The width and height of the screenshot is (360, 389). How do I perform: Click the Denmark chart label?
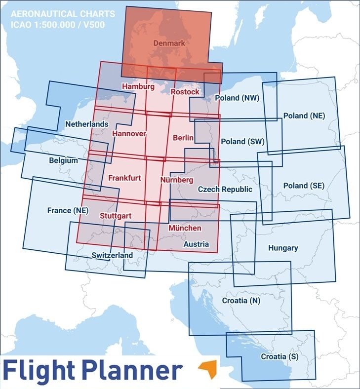(169, 43)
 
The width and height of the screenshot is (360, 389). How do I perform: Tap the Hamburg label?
(138, 86)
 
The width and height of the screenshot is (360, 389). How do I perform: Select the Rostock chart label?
(185, 92)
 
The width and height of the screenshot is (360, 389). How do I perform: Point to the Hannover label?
(129, 134)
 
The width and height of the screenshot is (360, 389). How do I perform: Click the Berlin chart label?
(183, 138)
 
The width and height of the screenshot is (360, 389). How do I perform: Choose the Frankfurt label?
(124, 177)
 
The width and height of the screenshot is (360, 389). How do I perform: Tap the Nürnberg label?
(177, 180)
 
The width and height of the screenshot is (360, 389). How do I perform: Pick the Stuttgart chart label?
(115, 216)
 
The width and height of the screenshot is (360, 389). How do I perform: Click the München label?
(185, 228)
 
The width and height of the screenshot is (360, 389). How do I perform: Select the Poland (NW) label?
(237, 98)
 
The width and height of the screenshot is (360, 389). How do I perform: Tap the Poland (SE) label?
(304, 186)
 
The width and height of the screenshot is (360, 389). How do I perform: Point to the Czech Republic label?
(225, 189)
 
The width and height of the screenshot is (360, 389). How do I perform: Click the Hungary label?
(282, 248)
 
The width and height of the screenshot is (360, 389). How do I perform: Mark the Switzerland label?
(112, 255)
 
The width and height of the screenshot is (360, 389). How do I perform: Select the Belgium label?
(63, 160)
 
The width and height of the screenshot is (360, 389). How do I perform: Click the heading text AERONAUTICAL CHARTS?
(62, 13)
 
